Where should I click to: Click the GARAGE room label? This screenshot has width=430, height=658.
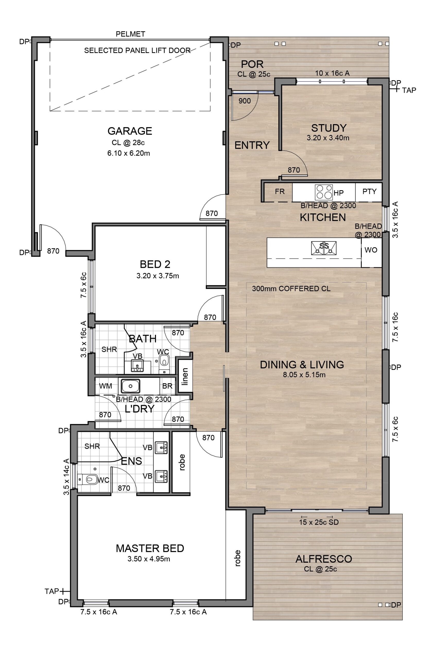point(130,131)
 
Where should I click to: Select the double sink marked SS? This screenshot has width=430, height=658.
point(324,248)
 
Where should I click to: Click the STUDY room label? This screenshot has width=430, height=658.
point(329,128)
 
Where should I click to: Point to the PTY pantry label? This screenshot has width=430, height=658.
point(369,191)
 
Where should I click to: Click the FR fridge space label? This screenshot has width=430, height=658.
point(280,191)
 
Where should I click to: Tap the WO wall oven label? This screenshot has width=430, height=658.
point(371,250)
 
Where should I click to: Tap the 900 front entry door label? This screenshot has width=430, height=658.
point(245,101)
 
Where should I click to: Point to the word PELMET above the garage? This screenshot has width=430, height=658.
point(130,34)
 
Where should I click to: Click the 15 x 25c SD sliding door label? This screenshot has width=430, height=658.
point(319,522)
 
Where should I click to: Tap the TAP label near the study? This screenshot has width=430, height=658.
point(409,90)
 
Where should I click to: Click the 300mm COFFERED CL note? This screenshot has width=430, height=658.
point(291,289)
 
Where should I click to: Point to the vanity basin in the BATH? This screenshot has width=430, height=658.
point(137,365)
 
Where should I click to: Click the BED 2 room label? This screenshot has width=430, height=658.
point(155,264)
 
